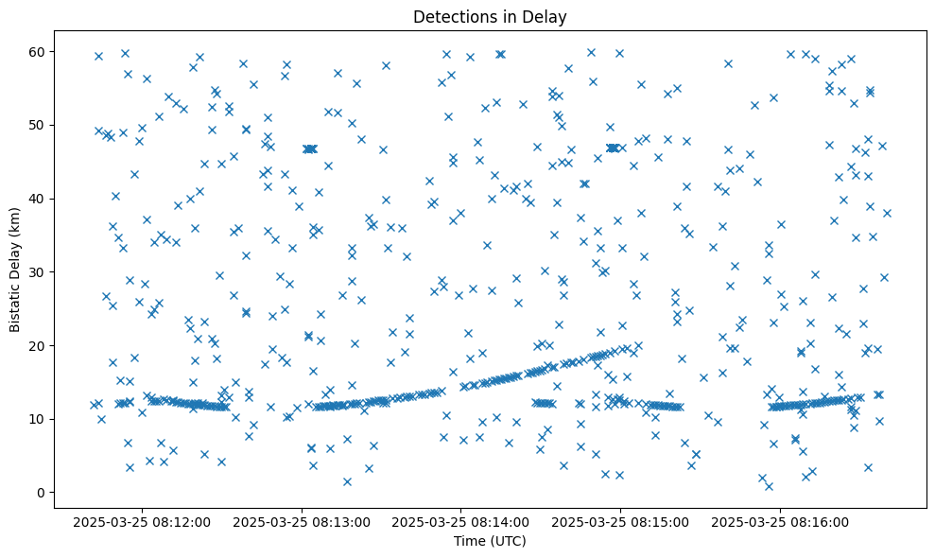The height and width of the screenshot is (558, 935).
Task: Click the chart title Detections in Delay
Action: click(x=490, y=16)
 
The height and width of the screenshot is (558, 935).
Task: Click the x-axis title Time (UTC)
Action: click(x=490, y=542)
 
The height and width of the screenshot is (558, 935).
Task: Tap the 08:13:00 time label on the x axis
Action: click(x=303, y=521)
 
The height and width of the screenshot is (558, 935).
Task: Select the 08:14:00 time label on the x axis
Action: click(x=461, y=521)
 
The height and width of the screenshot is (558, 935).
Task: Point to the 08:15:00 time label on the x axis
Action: click(x=621, y=521)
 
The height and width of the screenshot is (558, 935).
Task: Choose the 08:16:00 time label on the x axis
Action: click(x=781, y=521)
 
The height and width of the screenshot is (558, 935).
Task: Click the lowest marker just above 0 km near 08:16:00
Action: click(x=769, y=486)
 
